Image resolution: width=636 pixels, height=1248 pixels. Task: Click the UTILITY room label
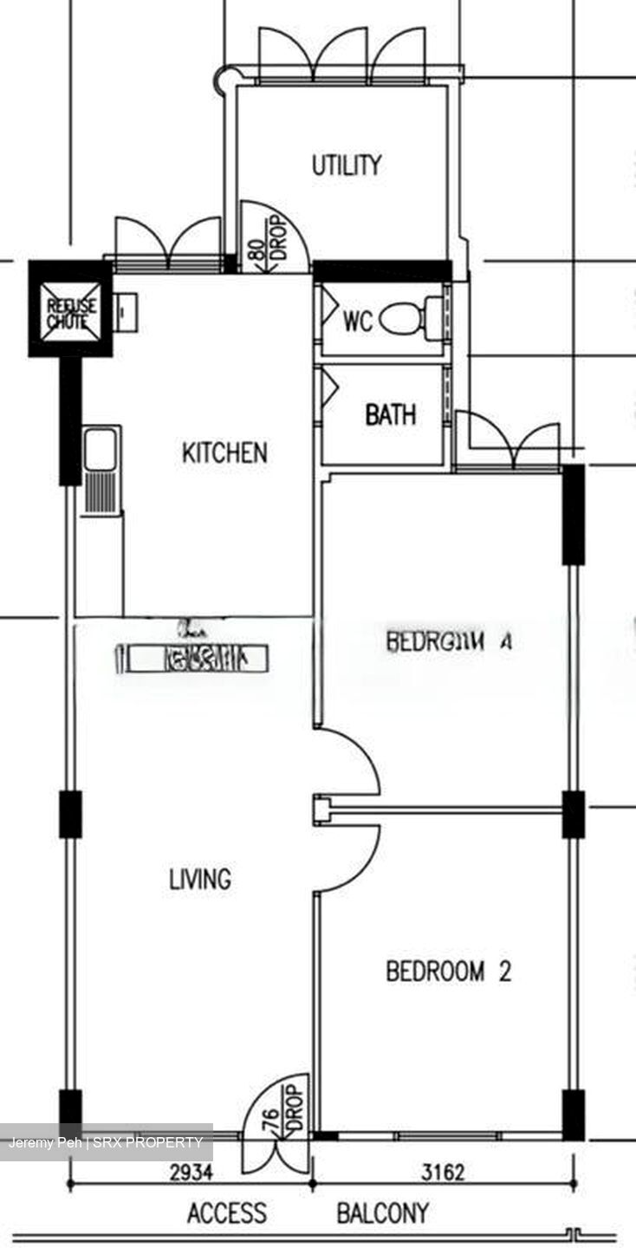coord(347,166)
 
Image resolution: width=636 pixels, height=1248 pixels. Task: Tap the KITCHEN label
coord(224,453)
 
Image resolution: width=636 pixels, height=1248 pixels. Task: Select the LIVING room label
coord(200,880)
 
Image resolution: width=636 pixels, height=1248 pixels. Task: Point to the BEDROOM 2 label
coord(448,972)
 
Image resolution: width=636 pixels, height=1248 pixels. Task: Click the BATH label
coord(390,415)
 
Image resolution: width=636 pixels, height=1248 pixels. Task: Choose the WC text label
coord(357,322)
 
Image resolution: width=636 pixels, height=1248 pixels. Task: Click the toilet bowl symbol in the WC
coord(405,320)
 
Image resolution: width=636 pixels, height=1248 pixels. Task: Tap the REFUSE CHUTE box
coord(71,309)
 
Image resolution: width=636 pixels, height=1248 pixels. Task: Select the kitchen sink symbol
coord(101,468)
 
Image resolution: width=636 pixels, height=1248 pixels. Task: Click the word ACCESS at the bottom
coord(227,1213)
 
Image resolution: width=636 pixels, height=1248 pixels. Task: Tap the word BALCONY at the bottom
coord(382,1213)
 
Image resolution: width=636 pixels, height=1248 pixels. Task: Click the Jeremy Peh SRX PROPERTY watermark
coord(106,1142)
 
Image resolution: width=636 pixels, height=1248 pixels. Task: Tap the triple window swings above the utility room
coord(342,55)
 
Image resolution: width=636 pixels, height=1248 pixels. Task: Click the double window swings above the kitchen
coord(168,240)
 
